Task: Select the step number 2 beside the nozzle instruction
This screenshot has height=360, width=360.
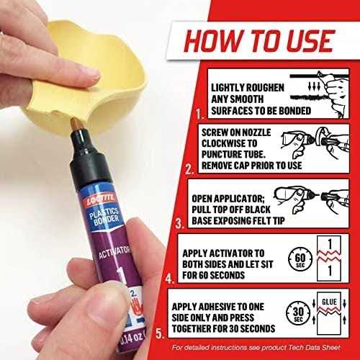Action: coord(188,171)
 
